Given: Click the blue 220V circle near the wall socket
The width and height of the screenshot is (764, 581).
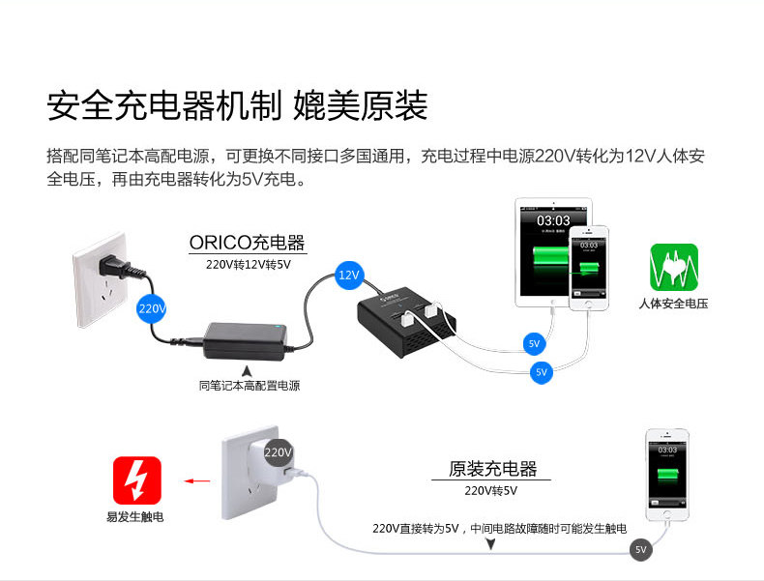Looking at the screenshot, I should pos(152,308).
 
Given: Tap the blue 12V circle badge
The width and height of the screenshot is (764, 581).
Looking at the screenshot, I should pos(349,276).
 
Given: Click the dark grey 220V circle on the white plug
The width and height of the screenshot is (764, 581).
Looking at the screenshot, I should pos(279,451).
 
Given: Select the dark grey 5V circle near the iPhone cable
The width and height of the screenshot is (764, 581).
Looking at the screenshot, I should pos(640,550).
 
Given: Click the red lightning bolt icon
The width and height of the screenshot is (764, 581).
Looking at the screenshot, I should pos(137,480).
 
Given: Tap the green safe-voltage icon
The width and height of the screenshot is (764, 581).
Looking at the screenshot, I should pos(674,268).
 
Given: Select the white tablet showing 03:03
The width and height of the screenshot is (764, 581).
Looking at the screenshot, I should pos(552,253).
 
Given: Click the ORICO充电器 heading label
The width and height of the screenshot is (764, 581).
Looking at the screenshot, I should pos(247,242).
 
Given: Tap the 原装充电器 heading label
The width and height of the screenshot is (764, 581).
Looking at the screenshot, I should pos(492,469).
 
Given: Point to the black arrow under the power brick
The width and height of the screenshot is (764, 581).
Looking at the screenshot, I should pos(248,369).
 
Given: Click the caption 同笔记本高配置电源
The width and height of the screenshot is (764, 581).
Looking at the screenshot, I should pos(250,386).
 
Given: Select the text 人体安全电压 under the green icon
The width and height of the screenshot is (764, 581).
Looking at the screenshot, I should pos(674,304).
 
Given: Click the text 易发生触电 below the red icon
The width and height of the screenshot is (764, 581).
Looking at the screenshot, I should pos(135,517).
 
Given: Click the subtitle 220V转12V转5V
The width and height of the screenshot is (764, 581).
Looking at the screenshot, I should pos(248,263).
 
